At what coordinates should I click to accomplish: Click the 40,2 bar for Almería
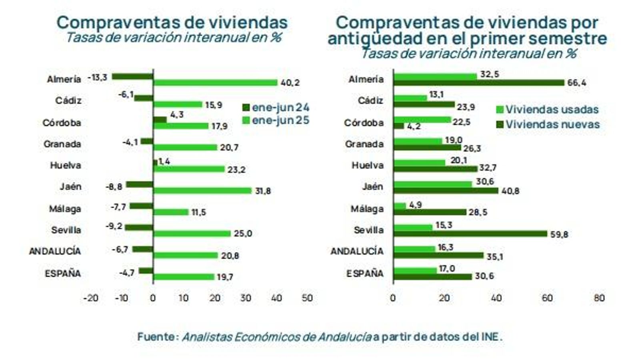tap(215, 83)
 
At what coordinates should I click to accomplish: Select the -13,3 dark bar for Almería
tap(132, 76)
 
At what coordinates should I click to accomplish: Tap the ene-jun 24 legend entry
tap(276, 107)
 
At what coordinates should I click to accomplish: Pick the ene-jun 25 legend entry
tap(276, 120)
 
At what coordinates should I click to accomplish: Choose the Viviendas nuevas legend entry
tap(548, 124)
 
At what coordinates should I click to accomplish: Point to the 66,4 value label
tap(576, 83)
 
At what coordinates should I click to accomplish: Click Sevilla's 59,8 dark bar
tap(470, 234)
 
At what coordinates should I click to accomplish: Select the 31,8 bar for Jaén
tap(202, 190)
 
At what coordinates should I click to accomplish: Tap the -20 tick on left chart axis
tap(90, 298)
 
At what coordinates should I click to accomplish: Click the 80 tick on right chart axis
tap(599, 298)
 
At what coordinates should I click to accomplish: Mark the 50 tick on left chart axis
tap(307, 298)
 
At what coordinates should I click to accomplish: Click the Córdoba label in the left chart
tap(62, 123)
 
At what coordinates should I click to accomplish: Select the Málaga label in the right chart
tap(367, 209)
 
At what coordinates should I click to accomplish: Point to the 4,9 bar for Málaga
tap(400, 206)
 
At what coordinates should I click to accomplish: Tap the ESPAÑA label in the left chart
tap(63, 274)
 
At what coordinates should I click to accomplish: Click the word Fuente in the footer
tap(156, 337)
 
